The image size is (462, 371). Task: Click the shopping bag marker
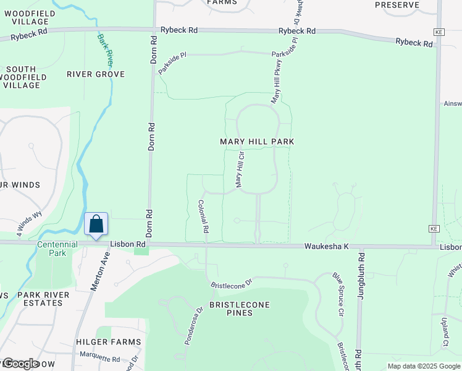tap(96, 224)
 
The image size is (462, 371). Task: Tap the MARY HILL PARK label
tap(257, 142)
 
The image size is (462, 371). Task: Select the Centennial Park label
tap(57, 249)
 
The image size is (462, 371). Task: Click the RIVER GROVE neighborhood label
tap(96, 74)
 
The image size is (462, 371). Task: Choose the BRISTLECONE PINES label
tap(232, 309)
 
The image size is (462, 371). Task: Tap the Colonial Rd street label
tap(203, 216)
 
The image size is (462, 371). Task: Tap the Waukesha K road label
tap(326, 246)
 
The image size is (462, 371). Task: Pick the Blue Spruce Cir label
tap(338, 295)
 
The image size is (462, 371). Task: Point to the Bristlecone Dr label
tap(233, 286)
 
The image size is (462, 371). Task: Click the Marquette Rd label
tap(99, 359)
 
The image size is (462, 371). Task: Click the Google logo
tap(20, 364)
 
